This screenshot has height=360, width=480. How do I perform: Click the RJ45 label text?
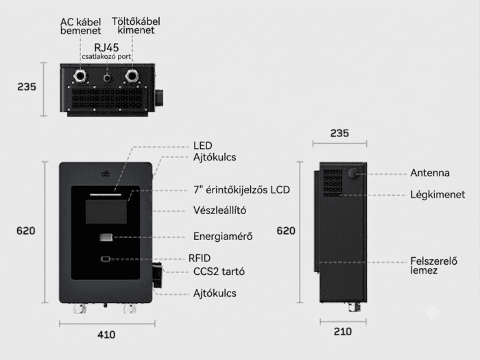pos(106,48)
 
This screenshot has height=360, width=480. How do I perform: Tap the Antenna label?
pos(430,173)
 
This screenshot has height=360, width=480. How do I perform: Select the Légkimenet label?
pos(437,195)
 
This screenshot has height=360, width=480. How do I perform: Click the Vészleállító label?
pos(219,211)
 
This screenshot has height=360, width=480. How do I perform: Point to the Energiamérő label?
pos(223,237)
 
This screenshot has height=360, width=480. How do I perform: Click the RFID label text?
pos(200,259)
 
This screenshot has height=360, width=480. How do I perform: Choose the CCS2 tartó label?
pos(219,272)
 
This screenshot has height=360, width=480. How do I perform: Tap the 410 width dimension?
pos(106,335)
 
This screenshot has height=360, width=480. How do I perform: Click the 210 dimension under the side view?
pos(343,332)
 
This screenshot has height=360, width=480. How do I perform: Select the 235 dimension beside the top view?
pos(27,87)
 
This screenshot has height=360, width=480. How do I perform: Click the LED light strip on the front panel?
pos(106,194)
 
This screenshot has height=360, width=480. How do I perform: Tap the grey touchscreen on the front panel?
pos(106,211)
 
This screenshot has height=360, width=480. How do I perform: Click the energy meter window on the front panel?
pos(106,237)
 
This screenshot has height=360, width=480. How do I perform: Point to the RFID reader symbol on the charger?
pos(106,259)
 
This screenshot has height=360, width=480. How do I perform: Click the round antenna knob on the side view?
pos(354,173)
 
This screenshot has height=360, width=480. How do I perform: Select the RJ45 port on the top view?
pos(107,77)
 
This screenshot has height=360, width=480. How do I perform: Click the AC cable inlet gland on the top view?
pos(80,75)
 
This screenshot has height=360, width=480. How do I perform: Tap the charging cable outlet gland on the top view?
pos(132,75)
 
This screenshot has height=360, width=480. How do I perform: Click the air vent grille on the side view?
pos(333,183)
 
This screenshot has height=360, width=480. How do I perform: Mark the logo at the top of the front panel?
pos(106,174)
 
